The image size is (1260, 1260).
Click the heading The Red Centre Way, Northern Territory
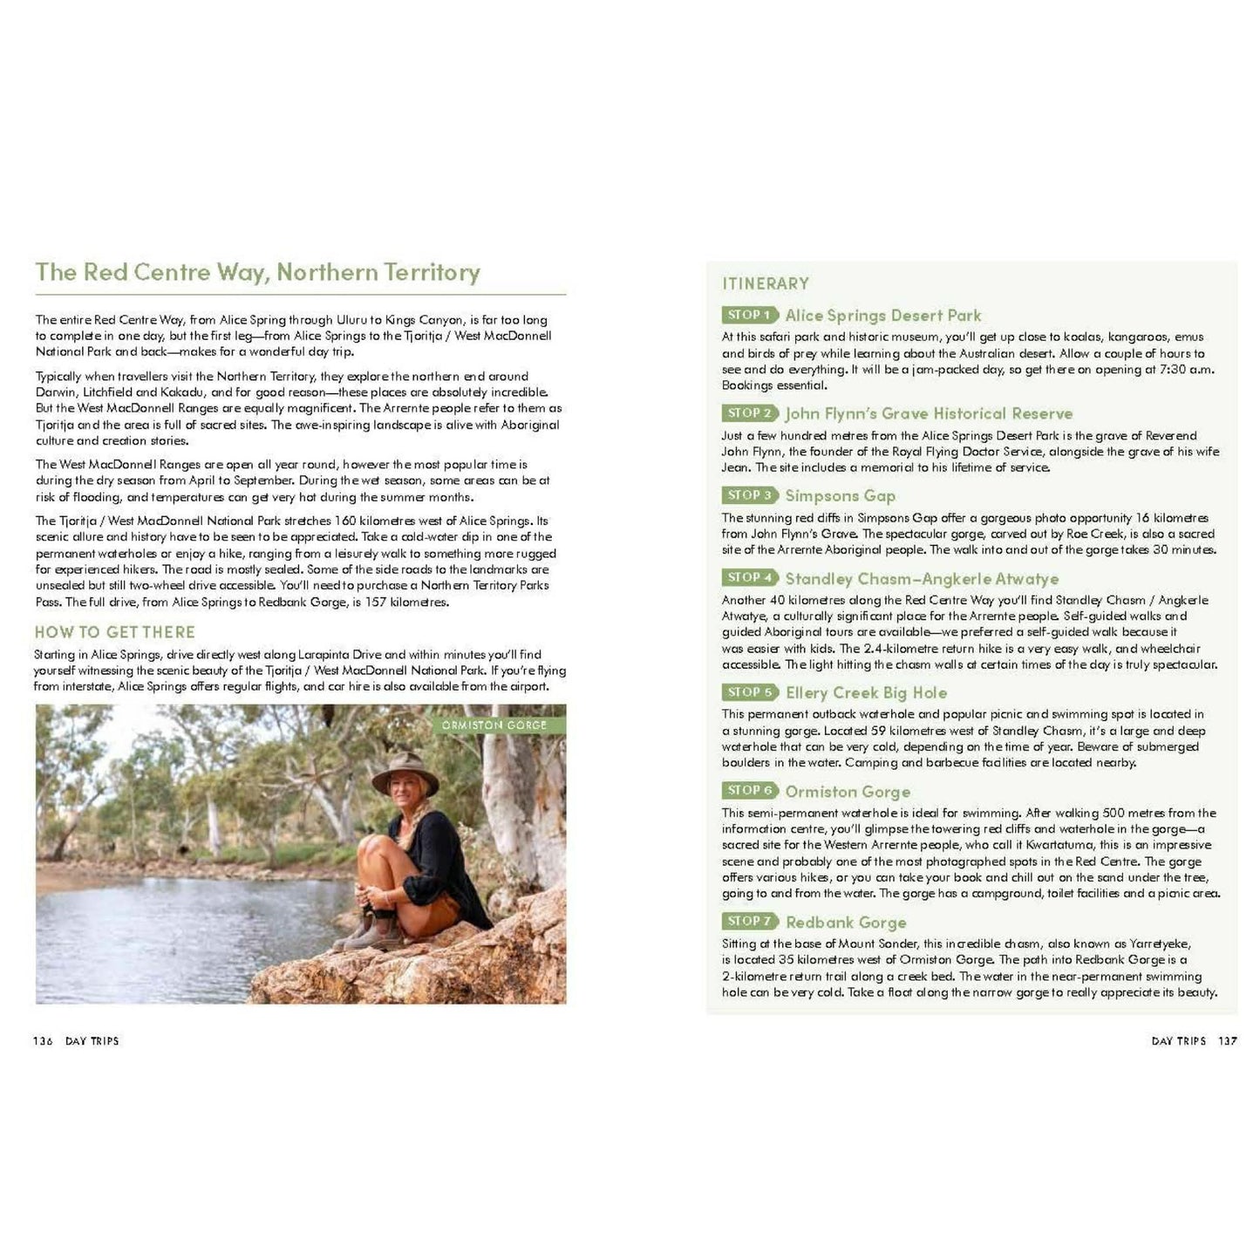click(257, 272)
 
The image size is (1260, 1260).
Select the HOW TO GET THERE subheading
click(114, 632)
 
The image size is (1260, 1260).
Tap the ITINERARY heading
click(766, 283)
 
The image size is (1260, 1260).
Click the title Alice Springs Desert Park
click(882, 316)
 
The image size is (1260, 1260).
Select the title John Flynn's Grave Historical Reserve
click(929, 413)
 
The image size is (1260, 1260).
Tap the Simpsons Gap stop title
click(840, 495)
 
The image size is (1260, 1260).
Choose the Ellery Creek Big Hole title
click(866, 692)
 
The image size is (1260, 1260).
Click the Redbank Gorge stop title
click(846, 922)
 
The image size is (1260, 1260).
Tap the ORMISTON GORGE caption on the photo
click(494, 725)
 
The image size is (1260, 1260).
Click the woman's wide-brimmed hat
click(405, 772)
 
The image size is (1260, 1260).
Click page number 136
click(43, 1040)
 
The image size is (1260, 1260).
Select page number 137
click(1228, 1040)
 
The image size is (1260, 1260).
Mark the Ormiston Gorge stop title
click(848, 791)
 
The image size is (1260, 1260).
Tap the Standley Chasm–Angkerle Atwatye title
click(922, 578)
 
